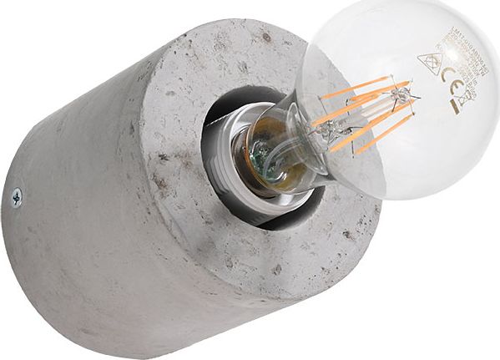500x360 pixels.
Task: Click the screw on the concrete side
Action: [x=16, y=197]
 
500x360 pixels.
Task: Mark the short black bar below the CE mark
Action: [x=455, y=106]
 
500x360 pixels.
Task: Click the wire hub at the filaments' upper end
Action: [x=405, y=98]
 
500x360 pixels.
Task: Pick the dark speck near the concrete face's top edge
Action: [x=265, y=37]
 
